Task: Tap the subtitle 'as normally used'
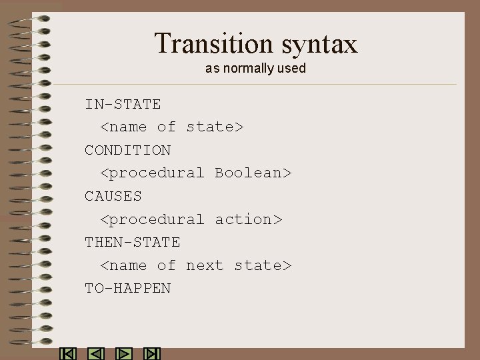pos(255,69)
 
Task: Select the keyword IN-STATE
pos(123,104)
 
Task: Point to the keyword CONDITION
pos(127,150)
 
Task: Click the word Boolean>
pos(253,173)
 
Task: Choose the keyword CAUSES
pos(113,196)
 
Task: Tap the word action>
pos(249,219)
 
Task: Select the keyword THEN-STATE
pos(132,242)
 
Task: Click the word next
pos(205,265)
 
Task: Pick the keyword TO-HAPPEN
pos(127,289)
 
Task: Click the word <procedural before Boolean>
pos(152,173)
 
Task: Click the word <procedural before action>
pos(152,219)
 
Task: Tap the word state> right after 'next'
pos(263,265)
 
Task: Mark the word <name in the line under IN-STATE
pos(123,127)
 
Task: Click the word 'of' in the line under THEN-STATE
pos(166,265)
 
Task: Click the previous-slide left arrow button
pos(96,354)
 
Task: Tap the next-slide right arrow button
pos(124,354)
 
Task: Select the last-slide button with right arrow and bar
pos(152,354)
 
